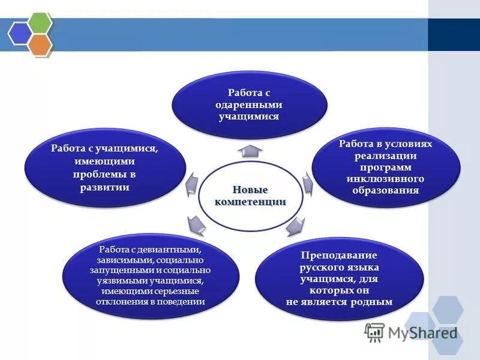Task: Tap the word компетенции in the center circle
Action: click(250, 202)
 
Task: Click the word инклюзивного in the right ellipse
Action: click(385, 179)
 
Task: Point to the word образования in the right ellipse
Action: click(385, 190)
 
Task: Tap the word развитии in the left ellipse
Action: click(104, 187)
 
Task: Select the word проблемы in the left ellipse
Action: click(97, 175)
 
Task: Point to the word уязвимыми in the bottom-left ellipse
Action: click(118, 280)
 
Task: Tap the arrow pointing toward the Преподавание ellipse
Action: click(296, 226)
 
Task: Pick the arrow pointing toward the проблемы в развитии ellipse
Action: click(191, 182)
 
